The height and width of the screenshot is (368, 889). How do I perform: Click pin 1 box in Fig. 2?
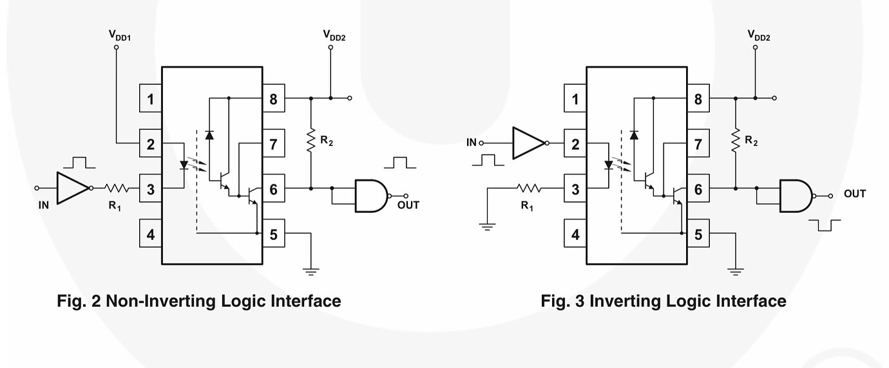(x=150, y=99)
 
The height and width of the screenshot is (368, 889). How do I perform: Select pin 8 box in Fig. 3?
(x=698, y=99)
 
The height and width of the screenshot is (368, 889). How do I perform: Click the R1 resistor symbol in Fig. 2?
(x=117, y=189)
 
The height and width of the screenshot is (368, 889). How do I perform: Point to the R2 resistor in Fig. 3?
(x=736, y=137)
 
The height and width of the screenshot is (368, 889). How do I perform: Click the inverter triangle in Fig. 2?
(x=72, y=189)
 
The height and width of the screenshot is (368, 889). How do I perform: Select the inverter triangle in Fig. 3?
(x=528, y=143)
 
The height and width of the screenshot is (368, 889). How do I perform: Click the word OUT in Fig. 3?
(x=855, y=194)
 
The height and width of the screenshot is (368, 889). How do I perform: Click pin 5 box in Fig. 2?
(x=273, y=234)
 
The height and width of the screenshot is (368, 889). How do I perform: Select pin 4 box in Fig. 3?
(x=575, y=234)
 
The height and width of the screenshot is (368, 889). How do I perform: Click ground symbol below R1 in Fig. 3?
(x=487, y=226)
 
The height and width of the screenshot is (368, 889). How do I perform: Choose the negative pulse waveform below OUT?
(x=825, y=225)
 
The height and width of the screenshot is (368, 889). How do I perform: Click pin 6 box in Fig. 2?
(x=273, y=189)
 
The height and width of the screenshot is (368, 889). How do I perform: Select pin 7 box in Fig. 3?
(x=698, y=144)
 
